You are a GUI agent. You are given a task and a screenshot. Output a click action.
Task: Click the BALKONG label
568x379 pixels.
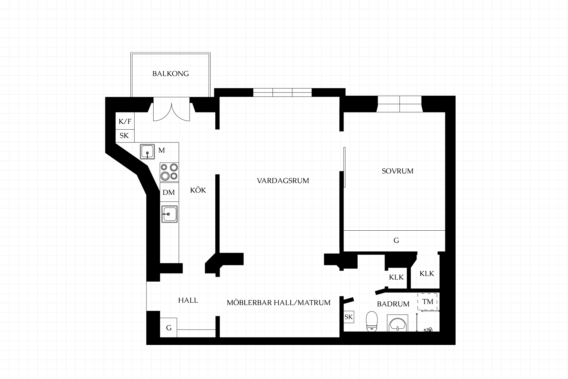click(x=170, y=74)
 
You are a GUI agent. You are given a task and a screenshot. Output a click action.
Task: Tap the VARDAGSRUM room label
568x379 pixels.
click(x=283, y=181)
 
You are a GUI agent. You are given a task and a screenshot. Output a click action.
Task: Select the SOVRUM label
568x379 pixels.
click(x=397, y=171)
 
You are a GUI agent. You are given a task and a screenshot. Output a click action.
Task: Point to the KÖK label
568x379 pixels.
click(x=198, y=190)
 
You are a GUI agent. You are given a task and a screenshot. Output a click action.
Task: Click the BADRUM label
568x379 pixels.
click(x=393, y=304)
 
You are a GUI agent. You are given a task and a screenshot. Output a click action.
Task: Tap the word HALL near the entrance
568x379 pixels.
click(x=188, y=301)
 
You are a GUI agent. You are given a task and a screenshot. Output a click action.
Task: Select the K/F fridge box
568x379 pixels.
click(x=125, y=121)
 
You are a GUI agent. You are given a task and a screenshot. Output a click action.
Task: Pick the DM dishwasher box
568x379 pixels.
click(x=169, y=192)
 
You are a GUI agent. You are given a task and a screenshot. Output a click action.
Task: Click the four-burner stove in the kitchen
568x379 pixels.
click(x=169, y=172)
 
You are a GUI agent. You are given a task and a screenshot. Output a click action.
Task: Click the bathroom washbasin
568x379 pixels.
click(x=397, y=323)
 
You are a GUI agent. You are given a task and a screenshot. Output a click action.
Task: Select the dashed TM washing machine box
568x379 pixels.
click(x=428, y=302)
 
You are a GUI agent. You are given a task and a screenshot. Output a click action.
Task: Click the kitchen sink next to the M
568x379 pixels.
click(x=147, y=152)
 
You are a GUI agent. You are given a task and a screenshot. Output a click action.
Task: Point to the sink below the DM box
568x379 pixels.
click(x=170, y=214)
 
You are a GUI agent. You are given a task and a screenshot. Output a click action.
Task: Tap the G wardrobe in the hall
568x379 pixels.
click(x=168, y=327)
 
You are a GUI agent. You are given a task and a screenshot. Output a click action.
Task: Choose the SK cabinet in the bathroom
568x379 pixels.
click(x=348, y=317)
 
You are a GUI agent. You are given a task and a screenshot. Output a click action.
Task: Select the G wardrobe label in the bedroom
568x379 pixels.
click(x=396, y=240)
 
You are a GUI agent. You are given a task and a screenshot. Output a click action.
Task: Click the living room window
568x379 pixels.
click(x=283, y=92)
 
